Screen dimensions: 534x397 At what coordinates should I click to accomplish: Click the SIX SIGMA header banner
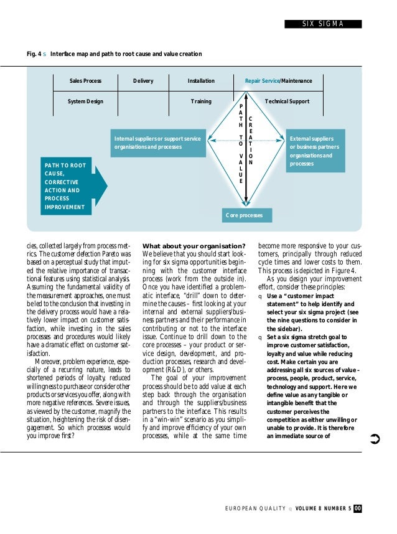pos(322,24)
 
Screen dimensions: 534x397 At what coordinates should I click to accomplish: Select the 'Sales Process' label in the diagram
pos(85,81)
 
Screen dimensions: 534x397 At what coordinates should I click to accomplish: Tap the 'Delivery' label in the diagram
pos(143,81)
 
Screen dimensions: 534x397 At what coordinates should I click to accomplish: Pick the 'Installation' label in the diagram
pos(201,81)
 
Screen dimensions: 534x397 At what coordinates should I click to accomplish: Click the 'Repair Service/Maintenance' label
pos(278,81)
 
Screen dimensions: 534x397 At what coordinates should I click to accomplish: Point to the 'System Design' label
pos(85,101)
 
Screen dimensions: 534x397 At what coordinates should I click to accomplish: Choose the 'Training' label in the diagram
pos(201,101)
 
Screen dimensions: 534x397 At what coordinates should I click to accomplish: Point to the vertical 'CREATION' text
pos(250,141)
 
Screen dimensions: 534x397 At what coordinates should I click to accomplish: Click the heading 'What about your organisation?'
pos(194,245)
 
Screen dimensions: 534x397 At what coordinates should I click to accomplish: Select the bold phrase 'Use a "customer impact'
pos(299,296)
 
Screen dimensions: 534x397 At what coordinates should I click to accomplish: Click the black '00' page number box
pos(358,509)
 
